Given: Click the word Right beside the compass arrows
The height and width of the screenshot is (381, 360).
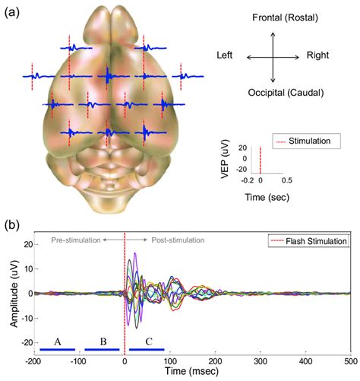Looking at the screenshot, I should coord(318,56).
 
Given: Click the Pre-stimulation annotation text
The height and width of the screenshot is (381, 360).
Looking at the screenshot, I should coord(76,240).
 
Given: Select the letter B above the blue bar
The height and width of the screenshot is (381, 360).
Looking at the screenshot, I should coord(102,340).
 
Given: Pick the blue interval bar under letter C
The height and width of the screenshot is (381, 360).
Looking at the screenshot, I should coord(147,349).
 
